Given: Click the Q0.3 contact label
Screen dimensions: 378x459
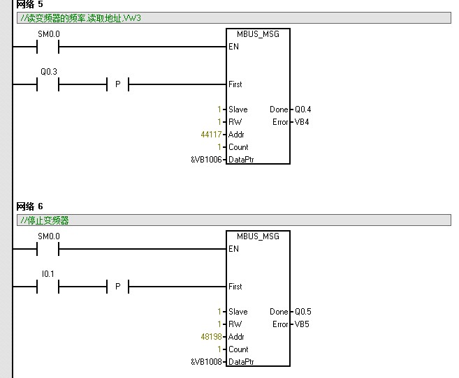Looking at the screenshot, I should pos(48,71).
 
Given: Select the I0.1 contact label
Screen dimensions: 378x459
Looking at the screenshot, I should pos(48,273).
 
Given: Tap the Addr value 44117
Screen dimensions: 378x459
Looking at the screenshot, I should pos(210,135).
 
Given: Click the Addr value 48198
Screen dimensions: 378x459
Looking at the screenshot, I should pos(210,337).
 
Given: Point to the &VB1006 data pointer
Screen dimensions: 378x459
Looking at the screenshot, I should pos(206,160).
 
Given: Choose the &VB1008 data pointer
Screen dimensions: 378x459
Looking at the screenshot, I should pos(206,362).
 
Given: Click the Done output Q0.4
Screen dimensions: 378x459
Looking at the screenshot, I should pos(303,109).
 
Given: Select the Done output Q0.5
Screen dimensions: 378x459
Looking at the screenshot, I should pos(303,312).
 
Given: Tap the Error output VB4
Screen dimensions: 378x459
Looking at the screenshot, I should pos(301,122).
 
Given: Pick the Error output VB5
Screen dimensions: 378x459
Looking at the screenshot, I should pos(301,324).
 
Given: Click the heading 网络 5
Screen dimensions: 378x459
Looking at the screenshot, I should pos(29,4).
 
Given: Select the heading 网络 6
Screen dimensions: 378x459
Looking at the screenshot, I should pos(29,206).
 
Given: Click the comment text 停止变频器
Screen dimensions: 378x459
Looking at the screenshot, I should pos(46,220).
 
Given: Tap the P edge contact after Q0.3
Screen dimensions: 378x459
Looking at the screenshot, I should pos(117,85).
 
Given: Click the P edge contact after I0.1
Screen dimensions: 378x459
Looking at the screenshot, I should pos(117,287).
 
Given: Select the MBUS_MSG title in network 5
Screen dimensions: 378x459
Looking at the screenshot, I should pos(258,34).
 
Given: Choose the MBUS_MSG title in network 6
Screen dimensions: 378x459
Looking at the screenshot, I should pos(258,236).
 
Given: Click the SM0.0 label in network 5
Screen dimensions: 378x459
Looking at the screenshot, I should pos(48,33).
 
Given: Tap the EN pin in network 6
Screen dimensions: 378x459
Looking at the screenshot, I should pos(233,249).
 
